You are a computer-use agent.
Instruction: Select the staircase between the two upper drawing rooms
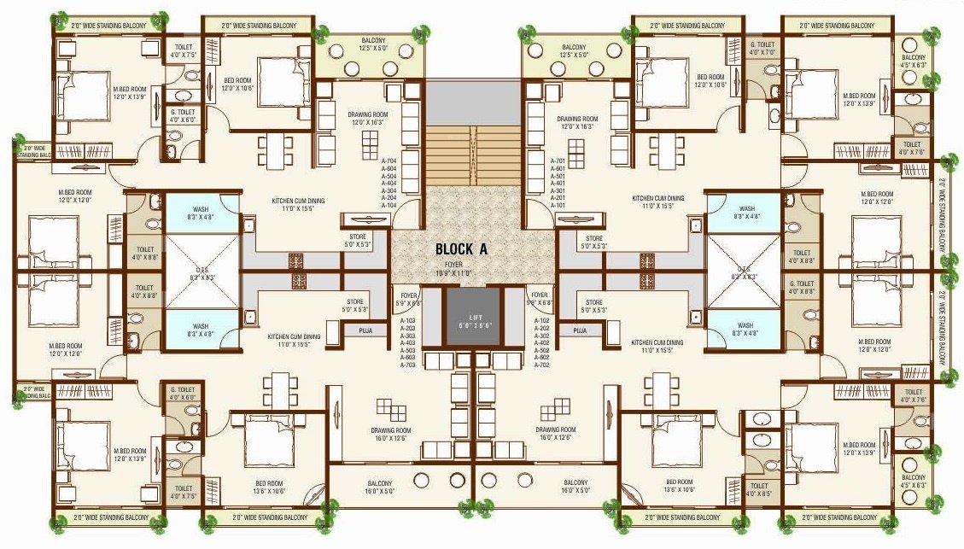(472, 149)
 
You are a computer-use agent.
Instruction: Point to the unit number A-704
(389, 161)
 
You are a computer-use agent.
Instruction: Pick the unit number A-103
(409, 320)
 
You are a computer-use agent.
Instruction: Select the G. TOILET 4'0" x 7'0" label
(762, 49)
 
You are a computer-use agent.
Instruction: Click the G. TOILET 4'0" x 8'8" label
(802, 288)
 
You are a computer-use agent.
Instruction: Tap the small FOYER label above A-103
(409, 299)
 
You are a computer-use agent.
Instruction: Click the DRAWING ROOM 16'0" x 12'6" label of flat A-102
(555, 434)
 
